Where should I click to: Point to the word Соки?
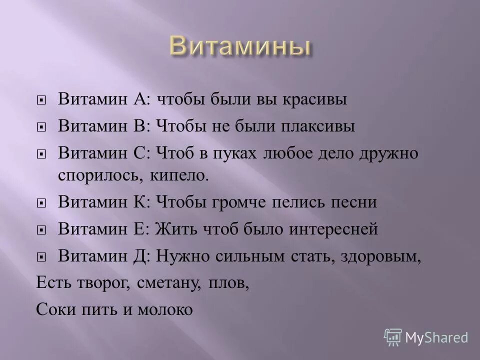[52, 310]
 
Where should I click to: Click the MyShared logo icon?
[393, 337]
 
